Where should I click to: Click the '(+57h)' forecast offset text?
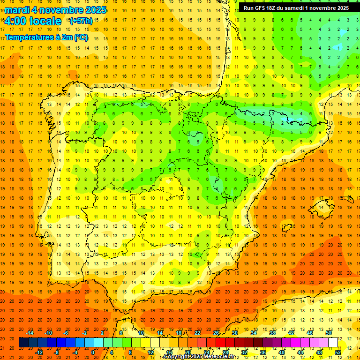81,21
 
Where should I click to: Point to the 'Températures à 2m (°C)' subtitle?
46,37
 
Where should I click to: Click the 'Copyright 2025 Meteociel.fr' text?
199,357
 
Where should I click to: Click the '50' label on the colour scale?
329,333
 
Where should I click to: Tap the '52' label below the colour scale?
338,352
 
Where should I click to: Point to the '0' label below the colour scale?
93,352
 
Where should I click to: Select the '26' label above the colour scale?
216,333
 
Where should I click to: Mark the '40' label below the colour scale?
281,352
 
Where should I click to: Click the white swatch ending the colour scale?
333,343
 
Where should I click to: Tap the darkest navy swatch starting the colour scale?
23,343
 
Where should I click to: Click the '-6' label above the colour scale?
66,333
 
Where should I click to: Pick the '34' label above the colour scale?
253,333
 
